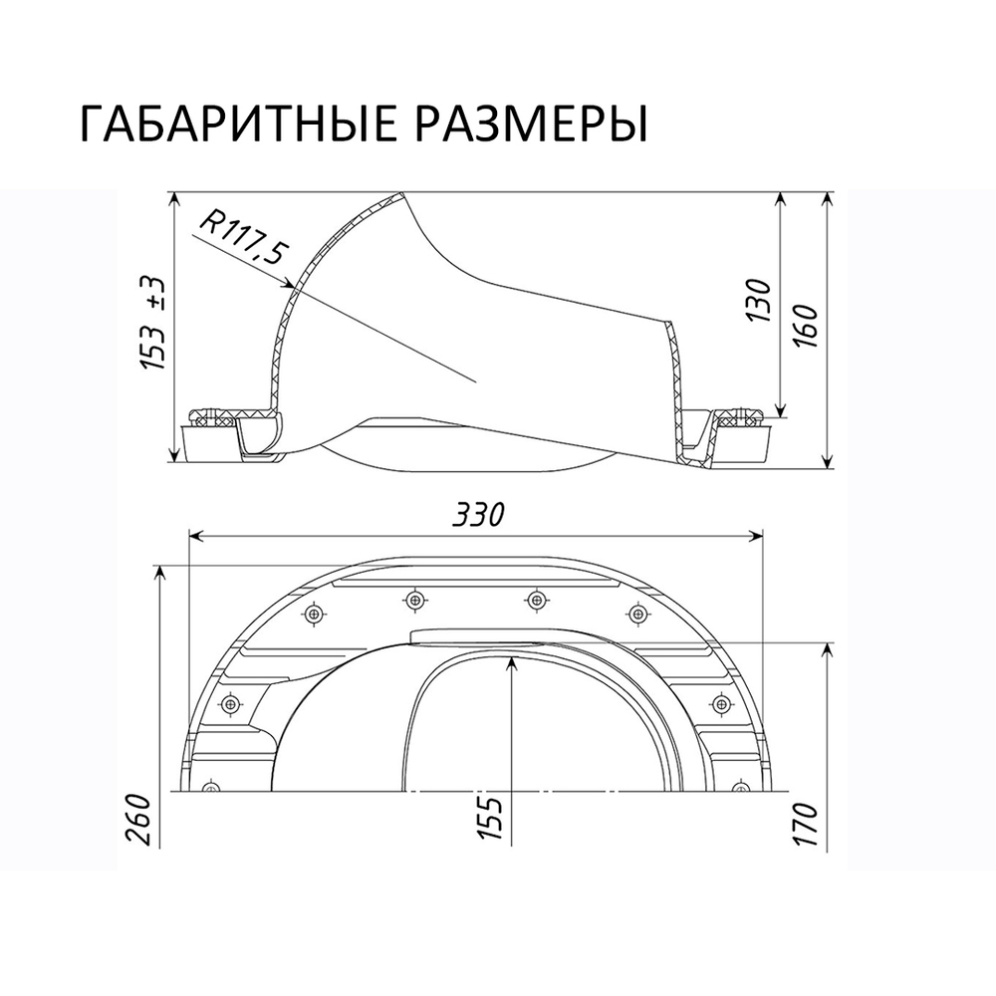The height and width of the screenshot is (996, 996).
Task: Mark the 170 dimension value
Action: point(808,822)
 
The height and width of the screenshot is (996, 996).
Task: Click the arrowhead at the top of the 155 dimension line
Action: point(510,669)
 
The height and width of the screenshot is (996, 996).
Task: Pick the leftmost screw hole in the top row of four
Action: point(315,614)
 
